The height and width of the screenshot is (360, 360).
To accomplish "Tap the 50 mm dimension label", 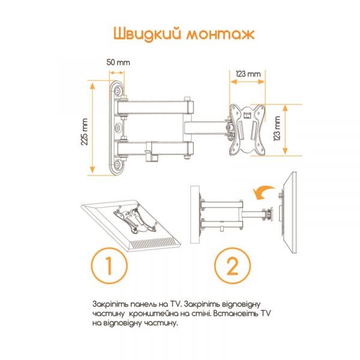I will click(x=118, y=62).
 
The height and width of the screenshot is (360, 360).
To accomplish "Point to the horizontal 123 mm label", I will click(x=248, y=73).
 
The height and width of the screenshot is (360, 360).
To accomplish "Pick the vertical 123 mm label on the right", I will click(x=278, y=128).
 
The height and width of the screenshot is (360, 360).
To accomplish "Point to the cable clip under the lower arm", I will click(x=150, y=156).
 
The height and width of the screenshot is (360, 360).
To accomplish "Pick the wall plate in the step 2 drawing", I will click(x=196, y=216).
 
